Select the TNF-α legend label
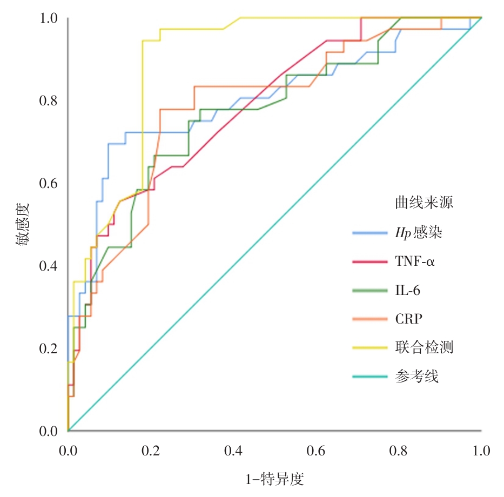415,263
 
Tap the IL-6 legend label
407,291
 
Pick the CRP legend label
408,319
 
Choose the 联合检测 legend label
424,347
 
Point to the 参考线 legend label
416,376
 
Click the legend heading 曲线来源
423,203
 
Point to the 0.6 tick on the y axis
49,184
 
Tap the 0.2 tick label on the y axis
49,348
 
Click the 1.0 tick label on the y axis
49,18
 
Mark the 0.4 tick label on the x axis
233,451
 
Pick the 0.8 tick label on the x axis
399,451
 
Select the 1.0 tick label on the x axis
481,451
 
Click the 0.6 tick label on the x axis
316,451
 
